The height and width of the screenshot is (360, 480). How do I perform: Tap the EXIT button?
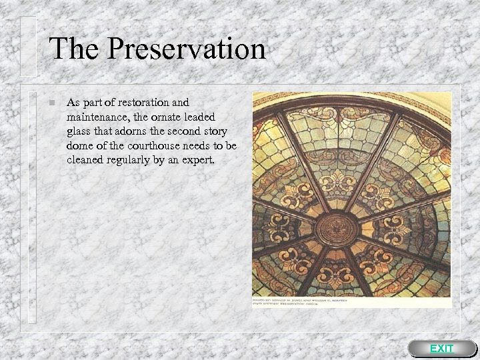point(441,349)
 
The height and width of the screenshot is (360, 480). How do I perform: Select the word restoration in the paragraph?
point(145,103)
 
